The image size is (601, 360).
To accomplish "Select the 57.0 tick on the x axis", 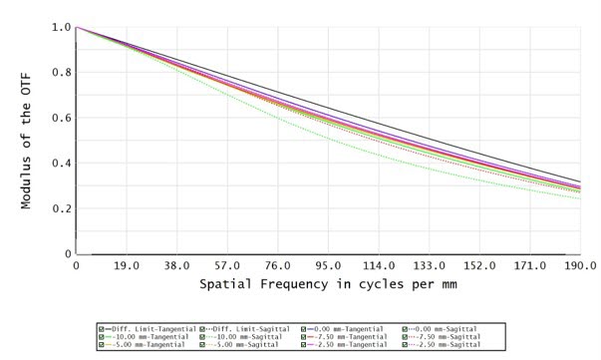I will click(x=227, y=267).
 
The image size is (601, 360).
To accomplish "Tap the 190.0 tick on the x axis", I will click(x=579, y=267).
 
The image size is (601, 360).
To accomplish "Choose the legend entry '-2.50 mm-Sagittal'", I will click(x=444, y=346).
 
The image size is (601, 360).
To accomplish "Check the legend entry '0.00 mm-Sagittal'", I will click(x=444, y=328).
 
